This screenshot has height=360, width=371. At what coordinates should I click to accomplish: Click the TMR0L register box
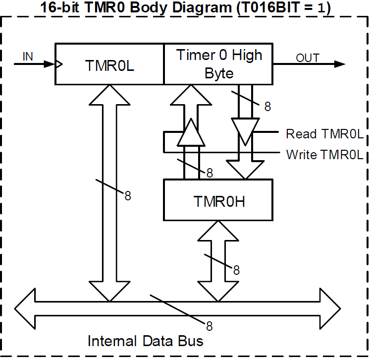click(109, 64)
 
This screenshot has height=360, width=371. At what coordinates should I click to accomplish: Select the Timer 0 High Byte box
click(218, 64)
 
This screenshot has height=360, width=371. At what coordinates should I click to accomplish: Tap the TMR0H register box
click(218, 200)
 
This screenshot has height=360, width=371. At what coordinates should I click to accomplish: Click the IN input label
click(28, 56)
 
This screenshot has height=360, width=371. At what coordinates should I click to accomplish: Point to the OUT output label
click(308, 58)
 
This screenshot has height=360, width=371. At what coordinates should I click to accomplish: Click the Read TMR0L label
click(324, 134)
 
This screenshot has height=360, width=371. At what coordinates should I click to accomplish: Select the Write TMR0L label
click(324, 155)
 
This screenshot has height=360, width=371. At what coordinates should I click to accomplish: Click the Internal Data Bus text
click(145, 341)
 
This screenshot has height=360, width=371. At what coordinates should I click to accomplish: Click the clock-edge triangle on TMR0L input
click(59, 64)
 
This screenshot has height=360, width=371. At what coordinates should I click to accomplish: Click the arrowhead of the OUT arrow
click(340, 64)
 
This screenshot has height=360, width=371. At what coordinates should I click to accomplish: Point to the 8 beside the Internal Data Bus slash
click(209, 326)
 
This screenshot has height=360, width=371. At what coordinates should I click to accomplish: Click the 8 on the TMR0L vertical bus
click(128, 195)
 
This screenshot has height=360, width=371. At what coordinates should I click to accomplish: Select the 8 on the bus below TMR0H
click(236, 270)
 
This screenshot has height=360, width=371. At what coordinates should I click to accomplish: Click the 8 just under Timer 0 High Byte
click(267, 107)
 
